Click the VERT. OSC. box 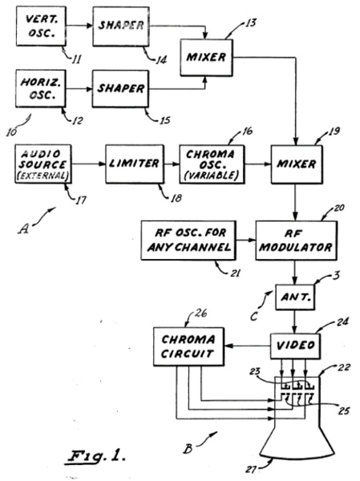(x=41, y=26)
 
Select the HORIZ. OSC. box (x=41, y=88)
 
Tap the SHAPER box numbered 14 (x=121, y=26)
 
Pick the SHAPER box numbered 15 (x=120, y=89)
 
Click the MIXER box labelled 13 (x=206, y=58)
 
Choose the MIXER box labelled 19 (x=297, y=164)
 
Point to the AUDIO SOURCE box (x=43, y=164)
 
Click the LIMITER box (x=135, y=164)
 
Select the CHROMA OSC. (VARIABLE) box (x=212, y=164)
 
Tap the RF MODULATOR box (x=296, y=240)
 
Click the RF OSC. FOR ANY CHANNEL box (x=188, y=240)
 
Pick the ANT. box (x=295, y=297)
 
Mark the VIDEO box (x=295, y=346)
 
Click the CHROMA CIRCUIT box (x=188, y=346)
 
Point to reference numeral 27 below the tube (x=251, y=469)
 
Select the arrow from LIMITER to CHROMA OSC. (x=172, y=164)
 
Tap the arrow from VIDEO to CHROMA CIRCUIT (x=248, y=346)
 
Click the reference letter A (x=23, y=228)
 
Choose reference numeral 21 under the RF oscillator (x=235, y=273)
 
